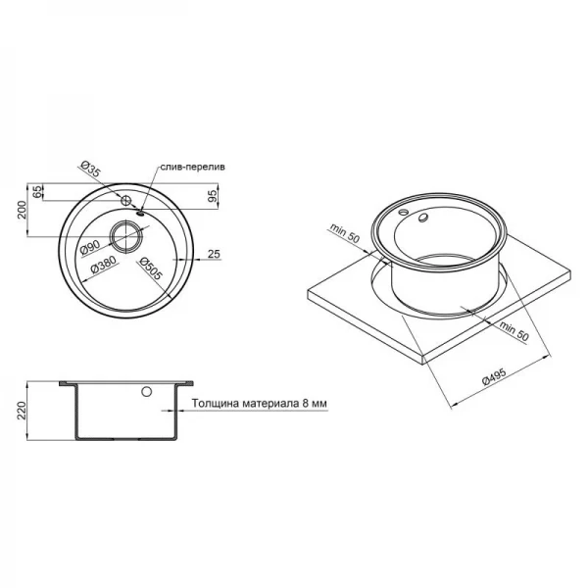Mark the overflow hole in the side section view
[146, 391]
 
